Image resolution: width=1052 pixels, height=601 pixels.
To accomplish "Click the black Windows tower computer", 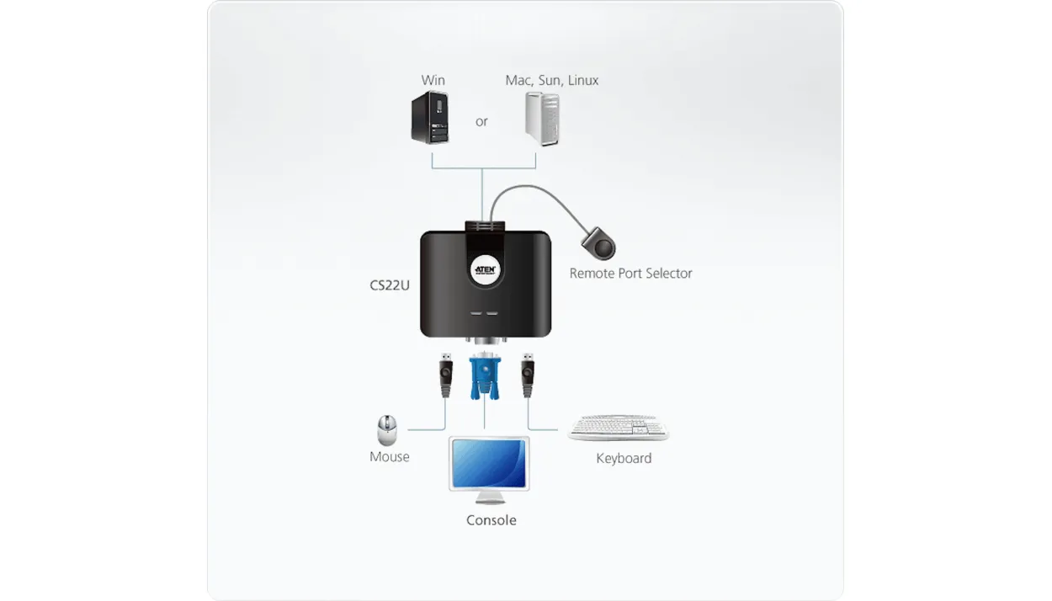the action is [x=430, y=117].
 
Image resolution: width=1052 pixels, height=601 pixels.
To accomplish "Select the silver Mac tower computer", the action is [x=543, y=119].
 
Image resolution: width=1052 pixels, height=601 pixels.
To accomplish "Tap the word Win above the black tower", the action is [x=433, y=80].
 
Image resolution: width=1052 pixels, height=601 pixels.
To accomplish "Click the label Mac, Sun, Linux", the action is [x=552, y=80].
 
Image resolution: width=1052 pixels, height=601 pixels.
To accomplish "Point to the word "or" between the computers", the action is [x=481, y=122].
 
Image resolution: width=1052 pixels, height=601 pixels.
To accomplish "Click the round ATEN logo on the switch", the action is [x=486, y=269].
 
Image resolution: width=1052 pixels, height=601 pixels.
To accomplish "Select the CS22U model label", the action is [x=390, y=285].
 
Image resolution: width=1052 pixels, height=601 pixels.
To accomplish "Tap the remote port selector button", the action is [x=599, y=243].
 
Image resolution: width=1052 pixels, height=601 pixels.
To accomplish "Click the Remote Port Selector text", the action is [x=630, y=273].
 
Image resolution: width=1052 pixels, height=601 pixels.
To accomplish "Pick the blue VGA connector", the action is [x=485, y=376].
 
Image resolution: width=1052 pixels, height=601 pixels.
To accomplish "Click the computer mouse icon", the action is [x=387, y=430].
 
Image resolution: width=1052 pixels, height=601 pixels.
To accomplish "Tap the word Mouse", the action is [x=390, y=457].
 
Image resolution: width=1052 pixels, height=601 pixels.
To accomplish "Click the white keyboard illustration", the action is [x=619, y=428].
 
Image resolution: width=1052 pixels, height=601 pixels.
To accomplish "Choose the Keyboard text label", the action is [x=624, y=458].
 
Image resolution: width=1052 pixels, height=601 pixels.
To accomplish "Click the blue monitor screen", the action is [x=489, y=464].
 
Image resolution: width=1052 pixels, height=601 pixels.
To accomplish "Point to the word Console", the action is [x=491, y=520].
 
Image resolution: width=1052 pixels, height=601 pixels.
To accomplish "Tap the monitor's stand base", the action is [x=491, y=501].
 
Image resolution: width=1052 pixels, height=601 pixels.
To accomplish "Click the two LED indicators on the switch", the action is [x=484, y=313].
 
